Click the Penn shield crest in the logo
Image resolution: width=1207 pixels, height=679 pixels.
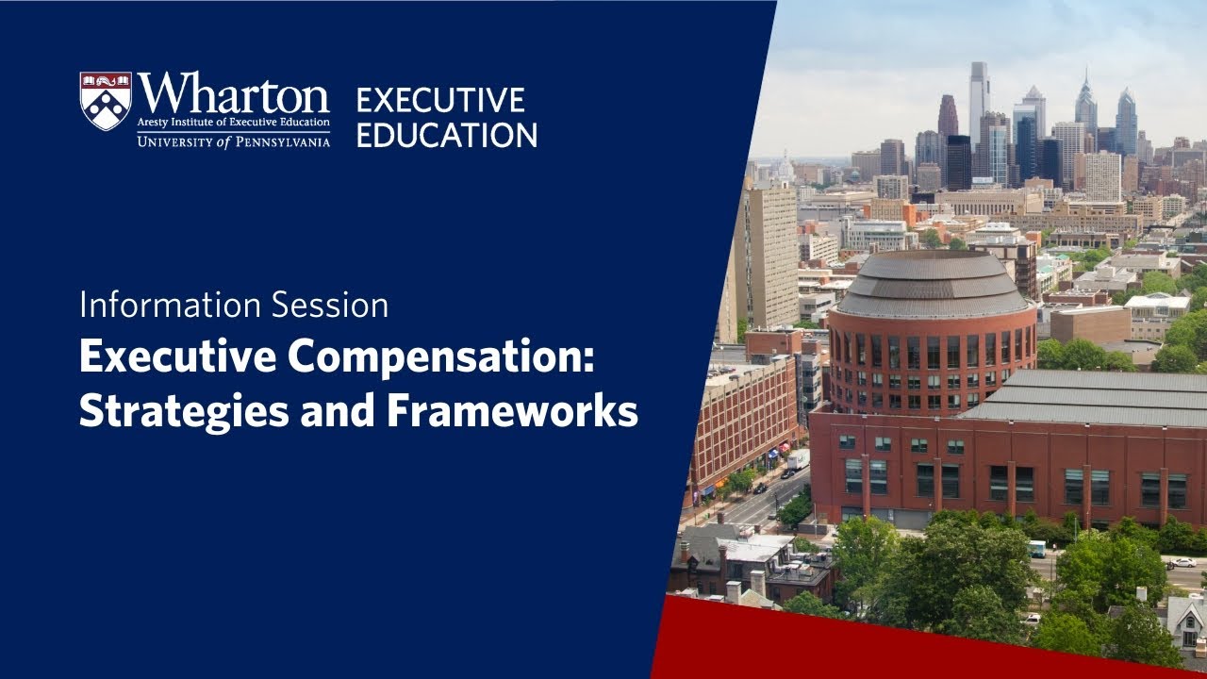pyautogui.click(x=105, y=100)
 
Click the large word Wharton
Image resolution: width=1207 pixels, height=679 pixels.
pyautogui.click(x=233, y=94)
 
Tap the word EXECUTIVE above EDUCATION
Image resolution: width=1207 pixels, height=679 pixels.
pyautogui.click(x=439, y=100)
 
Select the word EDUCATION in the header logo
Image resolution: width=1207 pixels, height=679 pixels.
pyautogui.click(x=446, y=134)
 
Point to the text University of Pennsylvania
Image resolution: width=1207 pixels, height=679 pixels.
pyautogui.click(x=233, y=141)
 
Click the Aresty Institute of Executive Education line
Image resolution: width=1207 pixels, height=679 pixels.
pyautogui.click(x=233, y=123)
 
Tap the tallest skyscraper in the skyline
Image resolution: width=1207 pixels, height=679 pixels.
pyautogui.click(x=979, y=99)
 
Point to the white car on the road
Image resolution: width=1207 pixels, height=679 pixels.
pyautogui.click(x=1181, y=563)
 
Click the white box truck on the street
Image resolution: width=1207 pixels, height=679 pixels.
pyautogui.click(x=798, y=460)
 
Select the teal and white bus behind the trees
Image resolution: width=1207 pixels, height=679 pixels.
pyautogui.click(x=1036, y=549)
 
